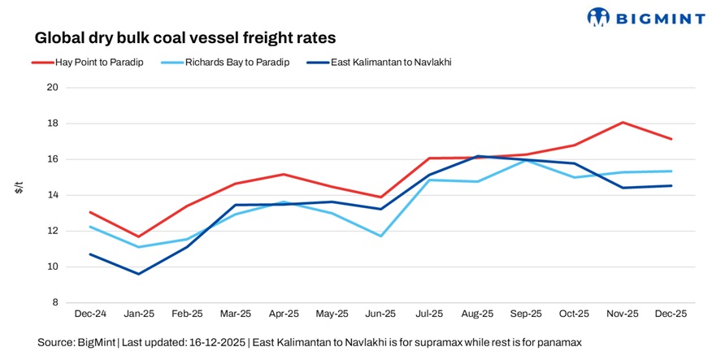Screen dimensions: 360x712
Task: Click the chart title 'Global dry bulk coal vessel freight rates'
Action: coord(185,38)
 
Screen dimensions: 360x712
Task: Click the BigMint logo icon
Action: coord(598,17)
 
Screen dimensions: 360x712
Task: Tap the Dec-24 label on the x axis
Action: coord(89,313)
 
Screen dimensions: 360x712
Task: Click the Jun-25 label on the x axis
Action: coord(380,313)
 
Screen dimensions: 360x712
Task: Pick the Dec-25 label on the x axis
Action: coord(671,313)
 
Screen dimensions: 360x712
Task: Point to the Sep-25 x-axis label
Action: coord(526,313)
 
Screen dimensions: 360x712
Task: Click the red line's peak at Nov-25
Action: coord(623,123)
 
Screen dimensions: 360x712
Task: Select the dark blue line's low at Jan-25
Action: coord(138,274)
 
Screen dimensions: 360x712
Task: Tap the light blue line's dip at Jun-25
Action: coord(380,236)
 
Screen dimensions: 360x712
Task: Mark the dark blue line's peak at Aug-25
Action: coord(477,156)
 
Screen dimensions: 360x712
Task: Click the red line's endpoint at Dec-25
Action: coord(671,139)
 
